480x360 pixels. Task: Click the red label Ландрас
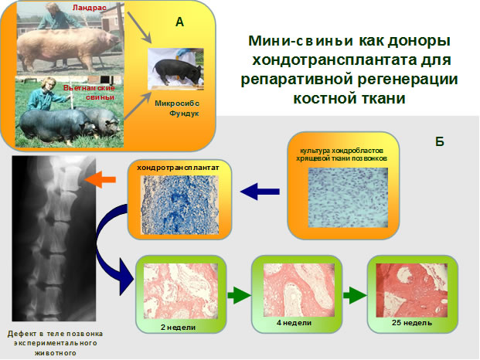click(x=90, y=8)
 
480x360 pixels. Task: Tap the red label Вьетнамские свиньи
click(x=90, y=93)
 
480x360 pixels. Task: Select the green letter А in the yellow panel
click(x=179, y=22)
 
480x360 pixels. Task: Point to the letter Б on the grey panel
click(x=440, y=141)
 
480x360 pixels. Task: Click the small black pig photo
click(x=175, y=69)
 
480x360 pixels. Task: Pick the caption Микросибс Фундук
click(x=177, y=108)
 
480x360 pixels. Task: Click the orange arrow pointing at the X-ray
click(x=100, y=179)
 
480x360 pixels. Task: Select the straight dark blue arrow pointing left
click(x=260, y=192)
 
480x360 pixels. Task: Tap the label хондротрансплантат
click(x=178, y=168)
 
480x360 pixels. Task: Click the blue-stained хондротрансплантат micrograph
click(x=179, y=205)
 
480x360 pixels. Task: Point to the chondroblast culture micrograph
click(x=348, y=198)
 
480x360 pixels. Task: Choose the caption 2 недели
click(x=178, y=328)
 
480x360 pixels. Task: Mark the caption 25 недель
click(x=412, y=323)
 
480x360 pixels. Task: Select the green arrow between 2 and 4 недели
click(x=239, y=295)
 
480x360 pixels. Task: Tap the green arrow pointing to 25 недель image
click(x=355, y=295)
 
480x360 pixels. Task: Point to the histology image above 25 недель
click(x=412, y=290)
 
